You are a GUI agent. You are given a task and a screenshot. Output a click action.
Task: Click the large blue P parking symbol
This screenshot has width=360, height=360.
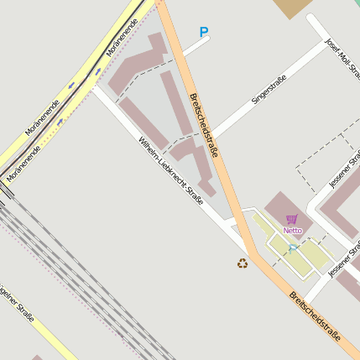click(203, 33)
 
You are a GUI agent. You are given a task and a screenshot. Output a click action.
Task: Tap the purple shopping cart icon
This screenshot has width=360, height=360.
click(291, 219)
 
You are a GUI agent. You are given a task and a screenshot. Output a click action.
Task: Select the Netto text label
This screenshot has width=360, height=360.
click(292, 230)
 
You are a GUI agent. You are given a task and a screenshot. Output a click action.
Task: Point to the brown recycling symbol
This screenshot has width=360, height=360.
click(243, 263)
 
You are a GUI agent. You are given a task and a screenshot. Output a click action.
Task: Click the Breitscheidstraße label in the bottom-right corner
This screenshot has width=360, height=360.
click(314, 316)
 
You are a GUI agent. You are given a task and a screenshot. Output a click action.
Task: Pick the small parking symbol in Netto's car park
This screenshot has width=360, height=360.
click(292, 248)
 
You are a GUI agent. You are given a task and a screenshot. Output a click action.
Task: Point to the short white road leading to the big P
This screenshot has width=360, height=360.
click(195, 45)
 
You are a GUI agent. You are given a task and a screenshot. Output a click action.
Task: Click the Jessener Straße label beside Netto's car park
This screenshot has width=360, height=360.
click(344, 259)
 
